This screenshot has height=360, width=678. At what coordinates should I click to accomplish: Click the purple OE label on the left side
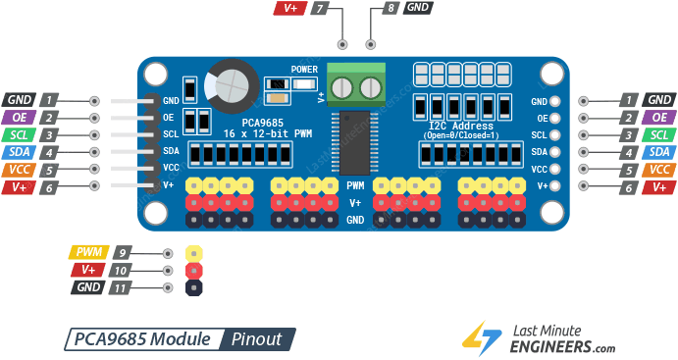[19, 118]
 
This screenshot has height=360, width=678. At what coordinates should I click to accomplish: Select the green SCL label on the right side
[660, 134]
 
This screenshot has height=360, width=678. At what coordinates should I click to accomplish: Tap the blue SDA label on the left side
[19, 152]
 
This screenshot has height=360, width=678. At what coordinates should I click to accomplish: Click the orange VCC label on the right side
[660, 169]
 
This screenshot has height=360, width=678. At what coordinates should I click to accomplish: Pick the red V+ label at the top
[290, 8]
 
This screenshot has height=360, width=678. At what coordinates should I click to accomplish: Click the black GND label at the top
[418, 8]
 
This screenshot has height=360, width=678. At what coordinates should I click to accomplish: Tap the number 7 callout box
[320, 8]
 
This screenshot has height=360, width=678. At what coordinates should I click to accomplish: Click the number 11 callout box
[122, 287]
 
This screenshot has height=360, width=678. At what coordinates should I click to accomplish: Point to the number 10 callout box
[122, 270]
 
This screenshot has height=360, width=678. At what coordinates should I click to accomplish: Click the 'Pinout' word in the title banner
[257, 339]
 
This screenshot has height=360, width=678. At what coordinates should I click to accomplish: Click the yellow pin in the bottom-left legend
[193, 253]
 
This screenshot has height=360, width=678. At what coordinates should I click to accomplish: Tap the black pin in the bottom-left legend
[193, 287]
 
